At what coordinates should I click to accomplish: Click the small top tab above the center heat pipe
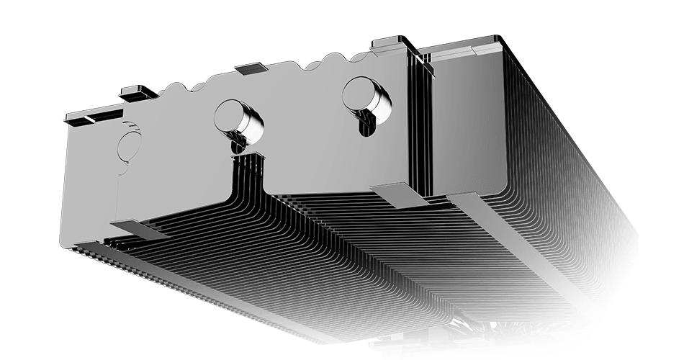(x=251, y=68)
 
